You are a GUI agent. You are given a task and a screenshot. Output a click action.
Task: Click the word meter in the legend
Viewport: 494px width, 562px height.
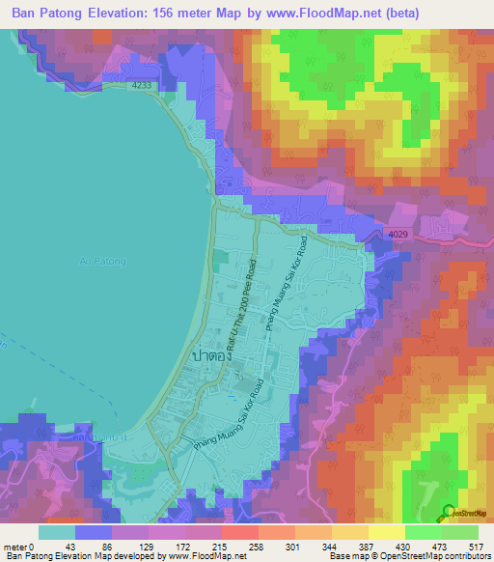18,545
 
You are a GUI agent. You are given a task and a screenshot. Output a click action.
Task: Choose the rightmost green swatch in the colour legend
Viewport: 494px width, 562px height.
460,532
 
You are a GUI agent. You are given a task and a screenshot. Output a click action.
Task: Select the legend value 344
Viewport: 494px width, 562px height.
332,545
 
